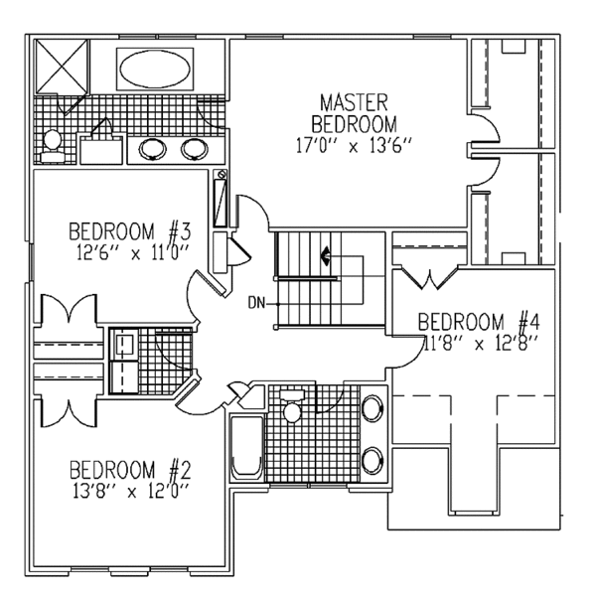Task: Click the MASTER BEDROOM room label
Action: (353, 113)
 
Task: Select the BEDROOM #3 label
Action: (129, 232)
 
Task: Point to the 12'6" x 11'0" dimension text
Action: (129, 252)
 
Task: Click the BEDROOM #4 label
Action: (478, 323)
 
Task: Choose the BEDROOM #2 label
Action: (129, 470)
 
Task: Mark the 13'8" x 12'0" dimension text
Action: (129, 490)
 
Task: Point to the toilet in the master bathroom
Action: (53, 144)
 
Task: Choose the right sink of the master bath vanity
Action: (194, 150)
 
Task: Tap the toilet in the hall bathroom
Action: (292, 409)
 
